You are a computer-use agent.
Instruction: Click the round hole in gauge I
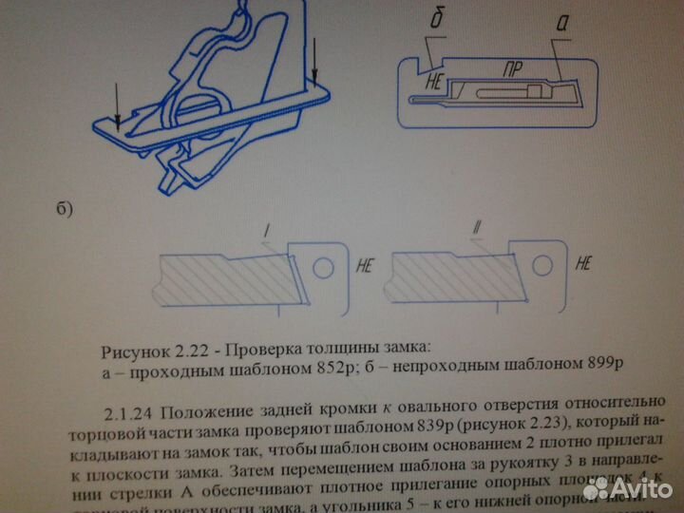(324, 268)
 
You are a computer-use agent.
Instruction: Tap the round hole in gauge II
(552, 267)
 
